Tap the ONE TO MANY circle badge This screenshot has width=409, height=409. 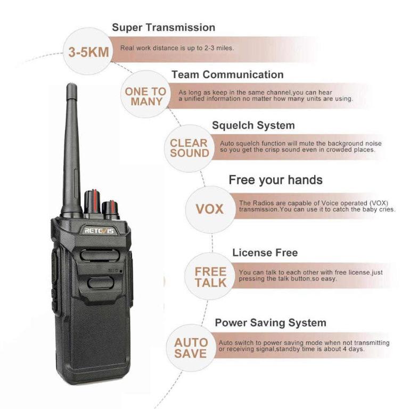pyautogui.click(x=145, y=96)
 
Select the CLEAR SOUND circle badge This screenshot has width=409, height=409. pyautogui.click(x=189, y=148)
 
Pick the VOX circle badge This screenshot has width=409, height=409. pyautogui.click(x=209, y=209)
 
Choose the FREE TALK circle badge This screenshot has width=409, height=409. pyautogui.click(x=210, y=277)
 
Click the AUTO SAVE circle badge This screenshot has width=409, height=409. pyautogui.click(x=190, y=348)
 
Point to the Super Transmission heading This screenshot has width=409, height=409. pyautogui.click(x=163, y=27)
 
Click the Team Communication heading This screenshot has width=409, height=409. pyautogui.click(x=227, y=75)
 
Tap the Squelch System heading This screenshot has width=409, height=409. pyautogui.click(x=253, y=126)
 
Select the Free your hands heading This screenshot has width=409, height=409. pyautogui.click(x=275, y=180)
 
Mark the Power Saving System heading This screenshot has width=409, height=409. pyautogui.click(x=270, y=323)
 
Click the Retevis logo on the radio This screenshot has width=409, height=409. pyautogui.click(x=99, y=230)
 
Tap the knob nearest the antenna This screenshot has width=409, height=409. pyautogui.click(x=92, y=202)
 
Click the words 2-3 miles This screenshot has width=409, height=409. pyautogui.click(x=219, y=48)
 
